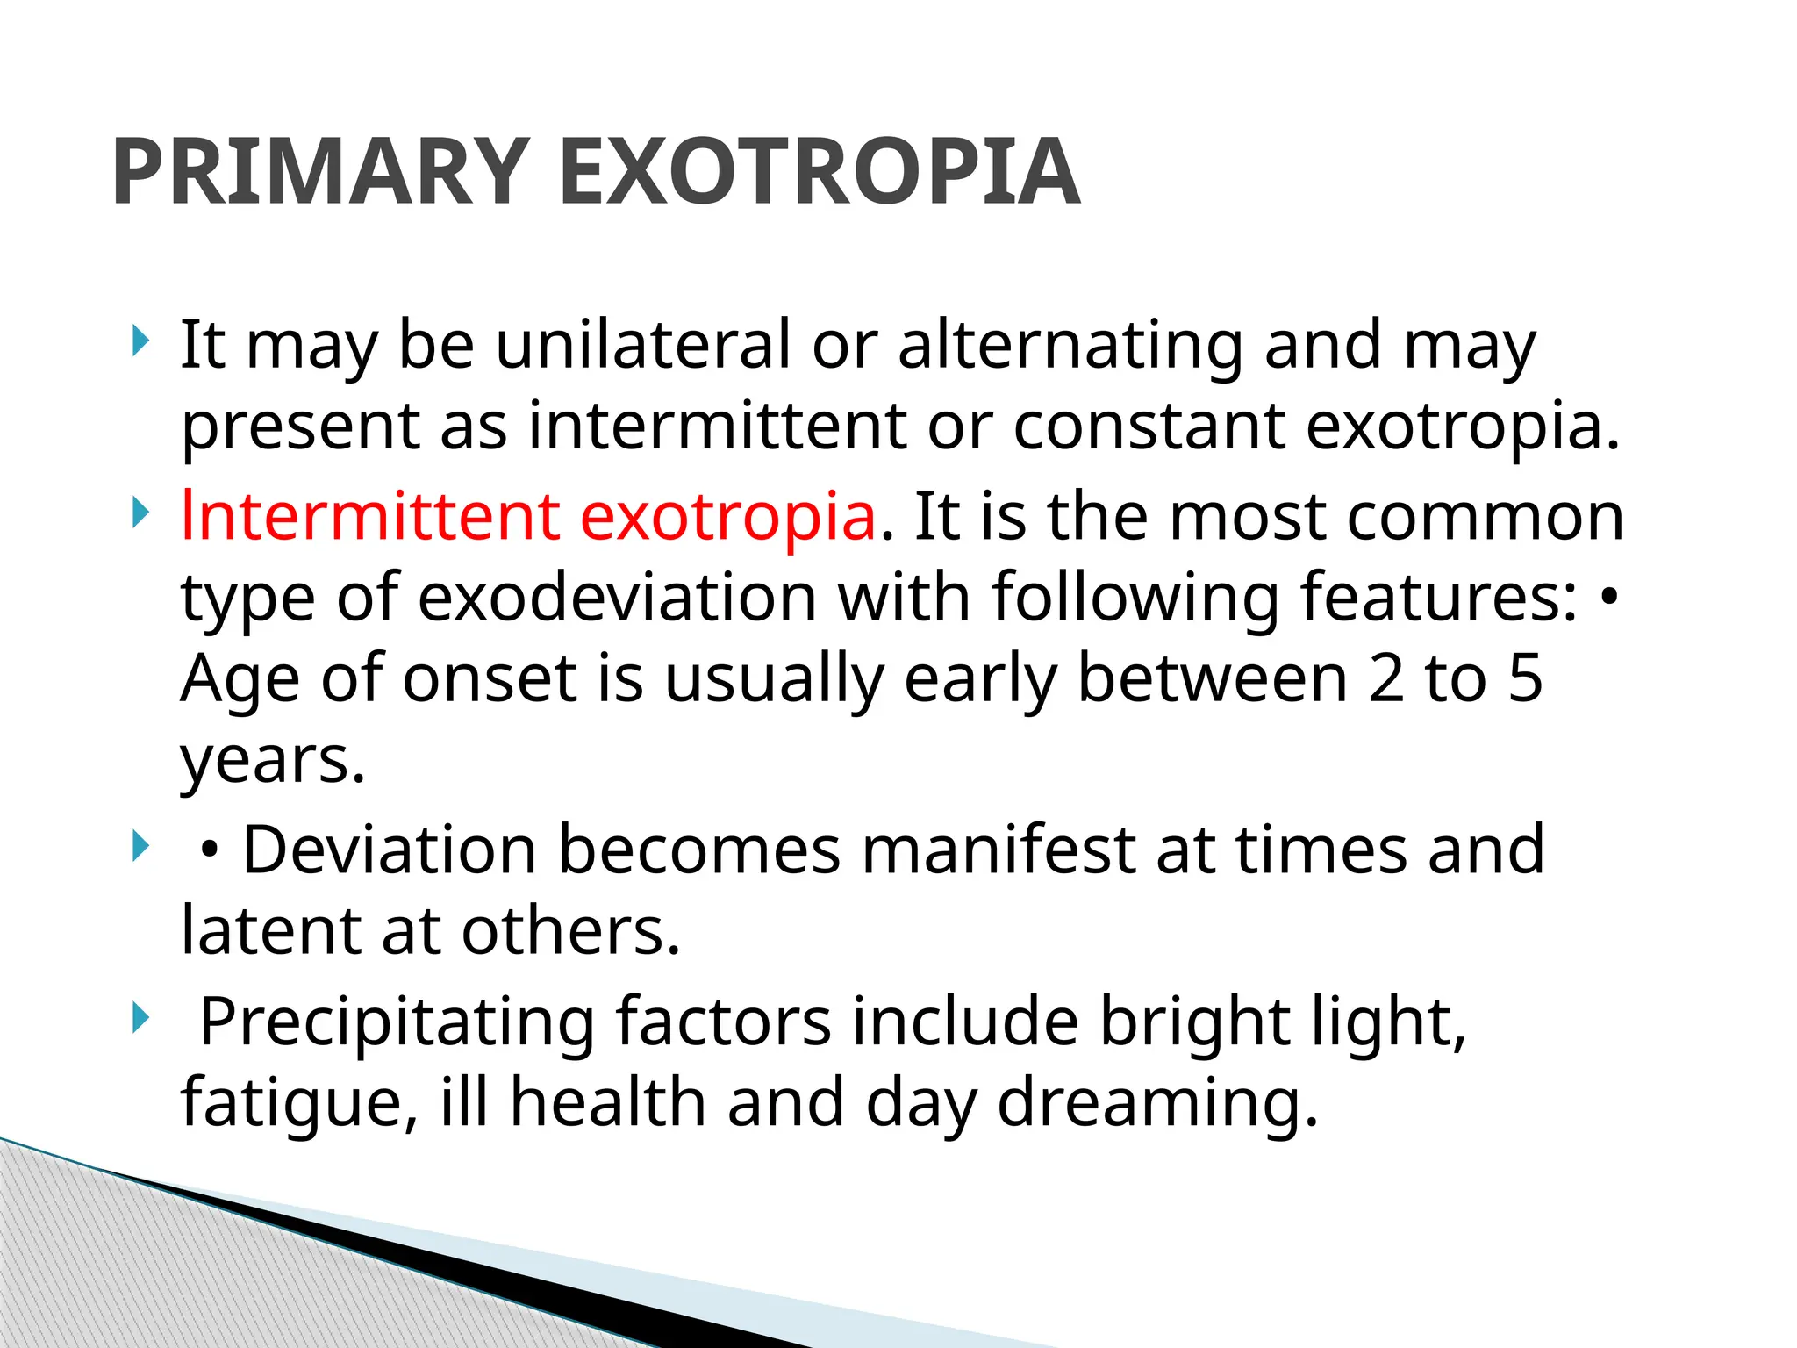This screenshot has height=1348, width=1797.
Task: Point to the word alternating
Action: tap(1070, 344)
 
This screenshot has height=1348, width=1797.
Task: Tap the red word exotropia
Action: tap(728, 518)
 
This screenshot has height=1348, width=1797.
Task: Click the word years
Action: tap(272, 760)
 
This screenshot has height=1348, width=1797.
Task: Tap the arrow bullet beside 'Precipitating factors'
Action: tap(140, 1019)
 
